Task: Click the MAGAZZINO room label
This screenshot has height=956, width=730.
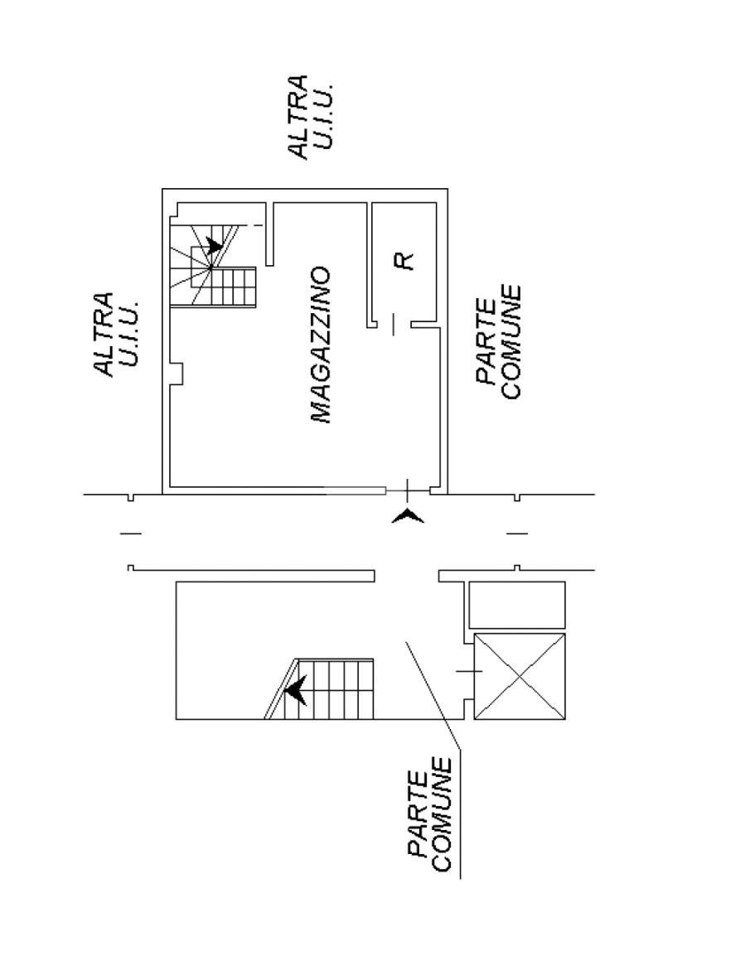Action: point(321,345)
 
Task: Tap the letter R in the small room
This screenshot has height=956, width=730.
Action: point(404,260)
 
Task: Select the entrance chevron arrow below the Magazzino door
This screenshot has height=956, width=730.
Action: point(408,517)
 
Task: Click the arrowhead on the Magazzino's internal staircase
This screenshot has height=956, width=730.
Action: point(215,244)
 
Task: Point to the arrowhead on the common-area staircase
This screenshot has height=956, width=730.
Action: point(295,689)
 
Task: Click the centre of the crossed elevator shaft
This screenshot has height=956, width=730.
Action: point(520,676)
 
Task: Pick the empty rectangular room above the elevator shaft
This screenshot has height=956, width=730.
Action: point(517,605)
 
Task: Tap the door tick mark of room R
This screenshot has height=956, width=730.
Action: point(394,324)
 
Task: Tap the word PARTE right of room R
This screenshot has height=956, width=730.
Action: point(487,342)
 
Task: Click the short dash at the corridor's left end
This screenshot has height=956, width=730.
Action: point(131,533)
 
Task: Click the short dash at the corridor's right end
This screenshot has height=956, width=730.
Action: point(517,533)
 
